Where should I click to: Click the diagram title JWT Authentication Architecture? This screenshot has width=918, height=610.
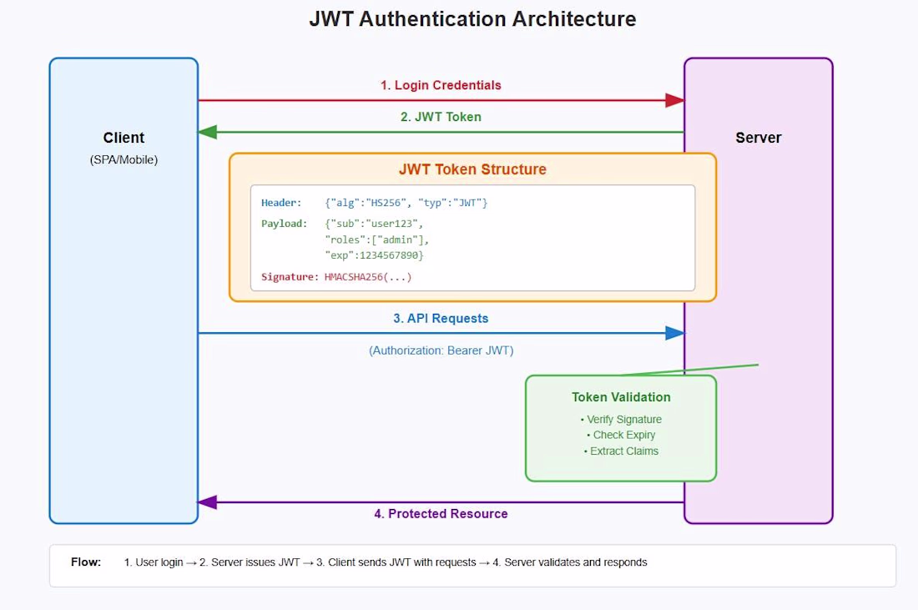tap(472, 18)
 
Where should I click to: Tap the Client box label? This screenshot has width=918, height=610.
tap(124, 138)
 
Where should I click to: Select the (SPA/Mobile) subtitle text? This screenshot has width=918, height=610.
tap(124, 160)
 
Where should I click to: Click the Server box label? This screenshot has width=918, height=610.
tap(758, 138)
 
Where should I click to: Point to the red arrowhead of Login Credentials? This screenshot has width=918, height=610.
tap(674, 100)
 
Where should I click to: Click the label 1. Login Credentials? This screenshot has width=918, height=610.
tap(441, 85)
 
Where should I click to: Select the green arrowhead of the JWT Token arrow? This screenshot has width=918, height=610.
tap(208, 133)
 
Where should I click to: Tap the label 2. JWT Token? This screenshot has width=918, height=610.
tap(441, 117)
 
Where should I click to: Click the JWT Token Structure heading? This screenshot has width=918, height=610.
tap(472, 169)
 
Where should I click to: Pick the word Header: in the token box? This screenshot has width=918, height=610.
tap(281, 203)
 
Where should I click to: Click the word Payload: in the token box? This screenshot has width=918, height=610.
tap(284, 224)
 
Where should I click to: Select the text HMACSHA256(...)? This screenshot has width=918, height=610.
tap(368, 277)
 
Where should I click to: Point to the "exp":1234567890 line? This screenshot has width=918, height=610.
tap(374, 255)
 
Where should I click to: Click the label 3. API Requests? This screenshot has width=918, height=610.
tap(441, 319)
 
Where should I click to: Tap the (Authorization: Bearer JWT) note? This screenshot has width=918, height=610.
tap(441, 350)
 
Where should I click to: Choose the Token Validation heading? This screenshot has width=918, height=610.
tap(621, 397)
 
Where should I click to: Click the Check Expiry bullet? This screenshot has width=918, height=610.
tap(621, 435)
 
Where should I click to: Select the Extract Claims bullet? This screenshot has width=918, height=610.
tap(621, 451)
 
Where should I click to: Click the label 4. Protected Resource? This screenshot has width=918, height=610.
tap(441, 513)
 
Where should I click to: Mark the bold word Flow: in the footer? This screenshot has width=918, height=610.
tap(86, 562)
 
